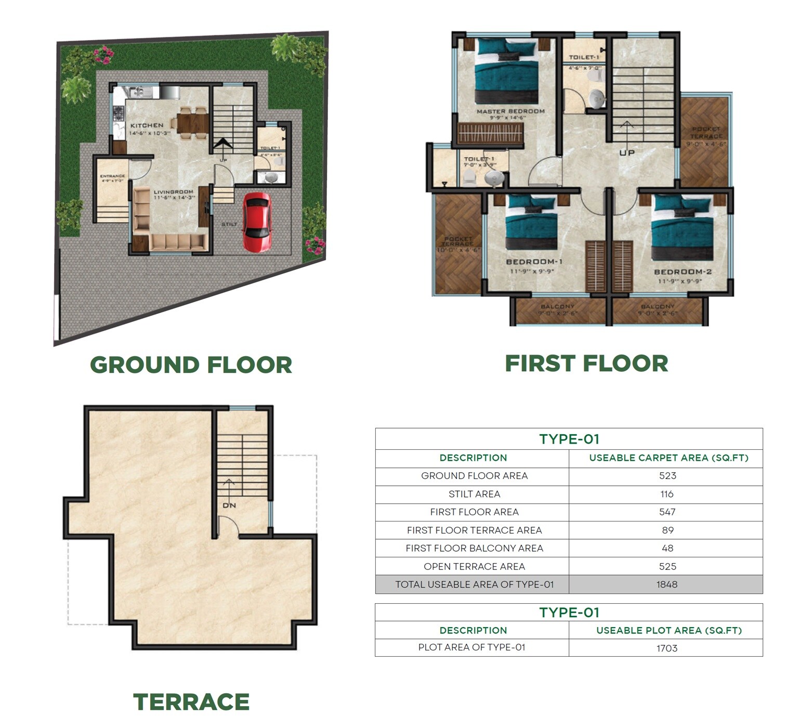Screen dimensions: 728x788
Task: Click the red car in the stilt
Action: tap(257, 222)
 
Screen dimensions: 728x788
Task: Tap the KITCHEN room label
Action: tap(147, 125)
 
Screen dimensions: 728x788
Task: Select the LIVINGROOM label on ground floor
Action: tap(173, 192)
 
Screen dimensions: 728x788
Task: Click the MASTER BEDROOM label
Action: tap(510, 111)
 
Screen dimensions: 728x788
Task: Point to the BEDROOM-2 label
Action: tap(682, 272)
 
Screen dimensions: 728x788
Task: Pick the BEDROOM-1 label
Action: tap(534, 262)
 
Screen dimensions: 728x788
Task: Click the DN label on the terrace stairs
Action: tap(229, 505)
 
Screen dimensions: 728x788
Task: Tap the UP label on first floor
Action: tap(627, 153)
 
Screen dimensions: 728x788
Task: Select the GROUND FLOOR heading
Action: tap(191, 365)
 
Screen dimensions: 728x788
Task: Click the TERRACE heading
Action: tap(191, 701)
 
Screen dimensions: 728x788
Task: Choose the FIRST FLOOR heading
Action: tap(586, 363)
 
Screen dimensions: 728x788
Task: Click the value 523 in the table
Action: tap(667, 476)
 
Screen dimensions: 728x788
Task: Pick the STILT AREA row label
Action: tap(474, 494)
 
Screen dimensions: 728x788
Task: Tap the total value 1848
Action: tap(667, 584)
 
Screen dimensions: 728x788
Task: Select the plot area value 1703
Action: tap(667, 648)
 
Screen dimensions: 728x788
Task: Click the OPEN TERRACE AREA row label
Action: tap(474, 566)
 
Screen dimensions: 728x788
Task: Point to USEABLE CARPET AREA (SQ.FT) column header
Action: tap(668, 458)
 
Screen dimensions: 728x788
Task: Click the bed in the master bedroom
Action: tap(506, 73)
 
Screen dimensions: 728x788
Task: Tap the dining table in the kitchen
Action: tap(192, 123)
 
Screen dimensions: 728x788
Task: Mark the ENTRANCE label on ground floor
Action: tap(112, 176)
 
